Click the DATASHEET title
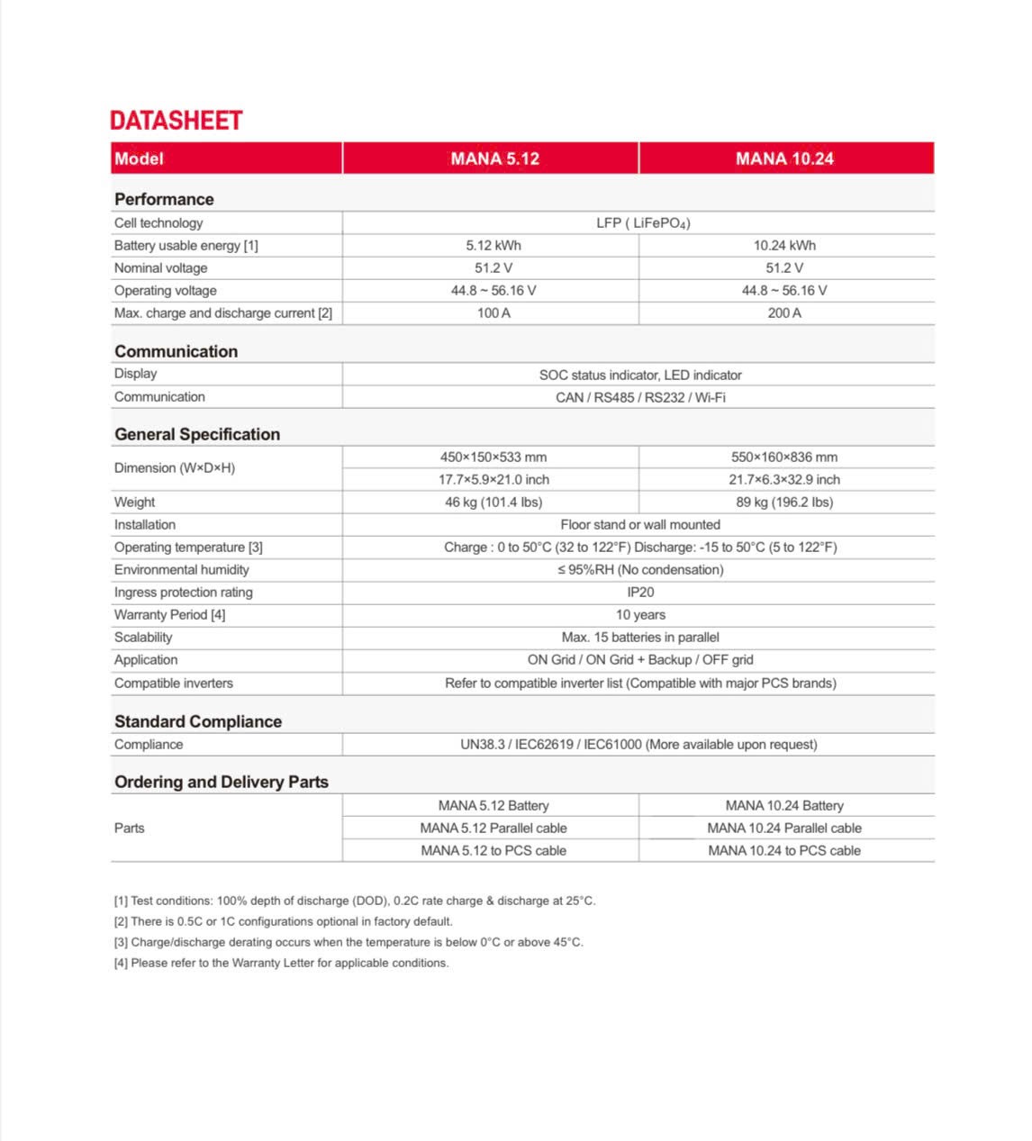(177, 121)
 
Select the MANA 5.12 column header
(494, 158)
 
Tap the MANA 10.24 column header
(784, 158)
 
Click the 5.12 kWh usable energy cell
(493, 246)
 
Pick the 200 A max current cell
(784, 313)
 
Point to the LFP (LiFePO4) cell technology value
(643, 223)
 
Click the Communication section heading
(177, 351)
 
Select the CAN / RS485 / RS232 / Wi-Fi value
(640, 397)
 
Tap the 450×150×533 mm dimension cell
(493, 457)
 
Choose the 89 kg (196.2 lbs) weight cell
(784, 503)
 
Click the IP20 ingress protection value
(640, 593)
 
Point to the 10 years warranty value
(640, 615)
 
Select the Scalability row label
(143, 638)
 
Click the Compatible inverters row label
(174, 684)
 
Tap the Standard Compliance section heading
(198, 721)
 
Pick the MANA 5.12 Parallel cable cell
(493, 829)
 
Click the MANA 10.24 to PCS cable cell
(784, 851)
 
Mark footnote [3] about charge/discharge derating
(349, 942)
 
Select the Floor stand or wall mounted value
(640, 525)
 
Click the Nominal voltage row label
(161, 268)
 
